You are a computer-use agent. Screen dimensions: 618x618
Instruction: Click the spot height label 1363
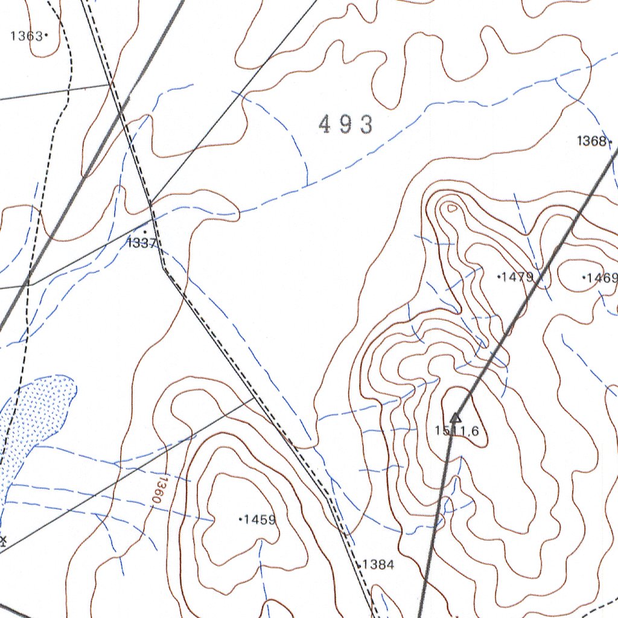(x=26, y=36)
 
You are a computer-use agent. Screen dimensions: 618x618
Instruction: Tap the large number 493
(x=346, y=125)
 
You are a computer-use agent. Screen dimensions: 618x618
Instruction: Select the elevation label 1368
(x=591, y=141)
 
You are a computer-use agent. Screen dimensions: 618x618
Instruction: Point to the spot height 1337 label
(x=142, y=243)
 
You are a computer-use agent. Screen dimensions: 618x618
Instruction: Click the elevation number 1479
(x=518, y=277)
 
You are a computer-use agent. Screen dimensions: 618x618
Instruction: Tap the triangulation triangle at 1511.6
(x=456, y=416)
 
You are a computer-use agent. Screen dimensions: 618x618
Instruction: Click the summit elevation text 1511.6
(x=457, y=430)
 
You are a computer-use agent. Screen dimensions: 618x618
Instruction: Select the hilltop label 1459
(x=260, y=520)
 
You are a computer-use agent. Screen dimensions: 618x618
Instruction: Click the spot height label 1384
(x=378, y=565)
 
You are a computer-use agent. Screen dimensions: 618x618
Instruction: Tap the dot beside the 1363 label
(x=46, y=36)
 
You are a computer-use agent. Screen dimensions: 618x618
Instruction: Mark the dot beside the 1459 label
(x=241, y=519)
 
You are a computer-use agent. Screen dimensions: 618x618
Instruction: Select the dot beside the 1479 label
(x=499, y=277)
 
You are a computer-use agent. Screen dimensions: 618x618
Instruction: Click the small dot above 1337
(x=145, y=232)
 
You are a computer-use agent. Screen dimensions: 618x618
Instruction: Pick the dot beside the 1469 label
(x=584, y=278)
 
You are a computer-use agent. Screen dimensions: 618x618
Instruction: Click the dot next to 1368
(x=611, y=142)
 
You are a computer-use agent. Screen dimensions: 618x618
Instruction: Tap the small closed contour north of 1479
(x=450, y=208)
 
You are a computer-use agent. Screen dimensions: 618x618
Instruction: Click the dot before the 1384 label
(x=360, y=565)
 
